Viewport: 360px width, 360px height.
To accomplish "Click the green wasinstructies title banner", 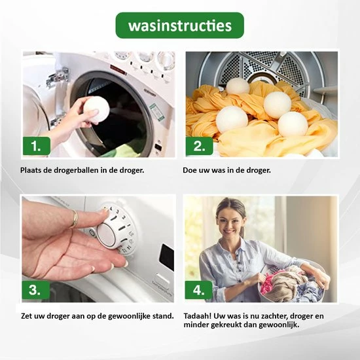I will click(179, 26).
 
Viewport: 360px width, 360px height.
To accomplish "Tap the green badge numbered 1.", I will click(36, 145).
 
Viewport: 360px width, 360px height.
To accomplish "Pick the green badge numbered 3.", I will click(36, 289).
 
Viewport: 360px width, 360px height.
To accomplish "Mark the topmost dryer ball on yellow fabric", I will click(238, 86).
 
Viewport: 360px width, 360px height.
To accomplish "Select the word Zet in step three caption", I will click(27, 316).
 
